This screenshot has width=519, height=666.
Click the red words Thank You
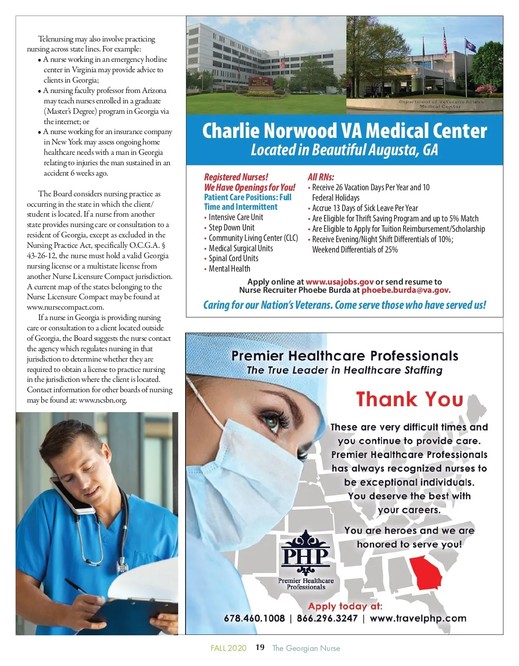[409, 399]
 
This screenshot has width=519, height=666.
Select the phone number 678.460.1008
[254, 618]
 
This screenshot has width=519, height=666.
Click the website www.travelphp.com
[418, 618]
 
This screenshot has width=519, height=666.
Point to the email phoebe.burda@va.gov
[406, 290]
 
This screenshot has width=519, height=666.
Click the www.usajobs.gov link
[340, 282]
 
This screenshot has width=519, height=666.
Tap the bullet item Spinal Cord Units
[233, 258]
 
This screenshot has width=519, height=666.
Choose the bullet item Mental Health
[229, 269]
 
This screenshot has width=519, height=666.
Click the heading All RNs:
[321, 177]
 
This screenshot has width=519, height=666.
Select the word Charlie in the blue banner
[231, 131]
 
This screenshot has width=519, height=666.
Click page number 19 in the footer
[260, 647]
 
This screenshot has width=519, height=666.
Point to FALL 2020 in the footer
[228, 648]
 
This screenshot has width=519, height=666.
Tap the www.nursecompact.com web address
[65, 307]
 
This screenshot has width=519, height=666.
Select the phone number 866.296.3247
[327, 618]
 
